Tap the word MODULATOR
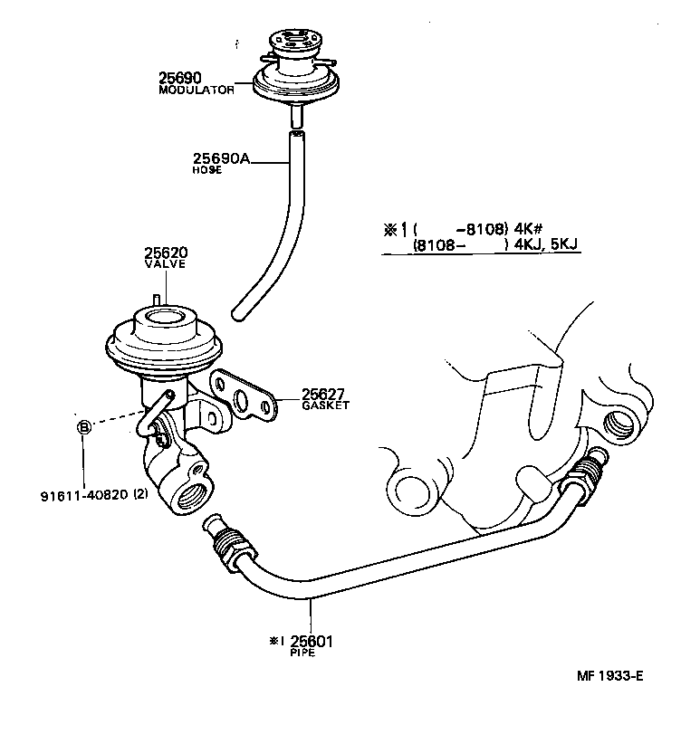(x=197, y=91)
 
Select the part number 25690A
(x=219, y=158)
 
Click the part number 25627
(x=325, y=394)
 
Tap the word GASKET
(x=325, y=405)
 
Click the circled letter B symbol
(x=83, y=426)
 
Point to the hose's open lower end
(x=238, y=314)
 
